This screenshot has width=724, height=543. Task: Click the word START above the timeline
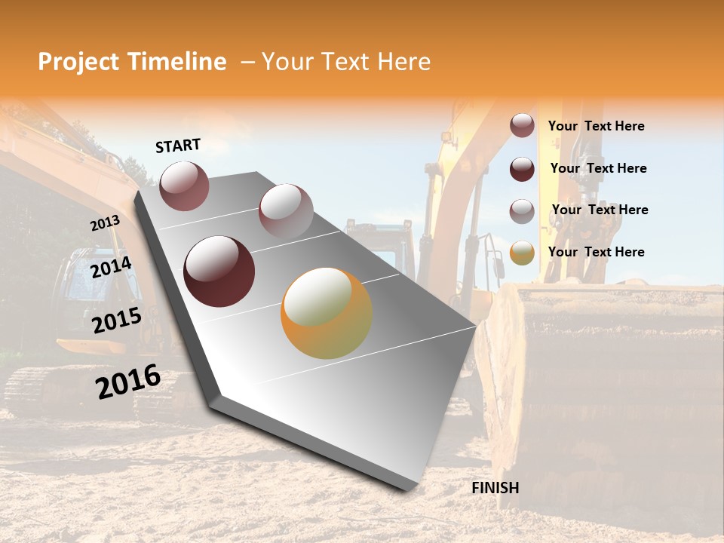coord(178,146)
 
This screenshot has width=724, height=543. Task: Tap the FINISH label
coord(495,488)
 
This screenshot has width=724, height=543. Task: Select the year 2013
coord(105,223)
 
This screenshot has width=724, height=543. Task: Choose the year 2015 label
coord(117,321)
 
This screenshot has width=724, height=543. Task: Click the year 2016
coord(128,381)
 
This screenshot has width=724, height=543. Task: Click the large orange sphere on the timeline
coord(327,313)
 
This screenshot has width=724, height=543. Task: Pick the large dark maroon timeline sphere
coord(219,271)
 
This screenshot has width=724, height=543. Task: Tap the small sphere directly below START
coord(184,186)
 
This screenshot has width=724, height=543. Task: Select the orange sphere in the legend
coord(522,253)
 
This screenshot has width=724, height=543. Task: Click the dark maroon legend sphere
coord(522,169)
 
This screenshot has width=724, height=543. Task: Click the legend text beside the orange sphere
coord(596,252)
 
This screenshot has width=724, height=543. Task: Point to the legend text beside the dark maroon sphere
coord(598,168)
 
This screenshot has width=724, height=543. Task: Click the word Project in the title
coord(78,62)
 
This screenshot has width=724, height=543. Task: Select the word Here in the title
coord(403,62)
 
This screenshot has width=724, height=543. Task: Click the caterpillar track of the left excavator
coord(45,392)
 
